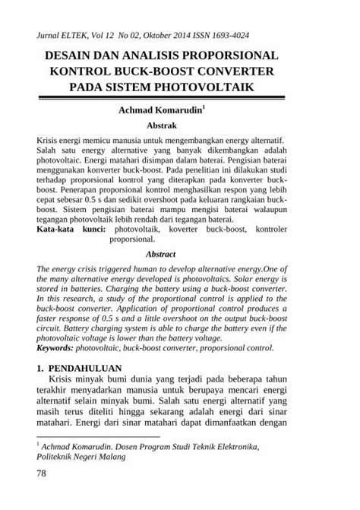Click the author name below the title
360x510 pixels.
tap(158, 111)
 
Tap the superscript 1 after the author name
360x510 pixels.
tap(203, 108)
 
